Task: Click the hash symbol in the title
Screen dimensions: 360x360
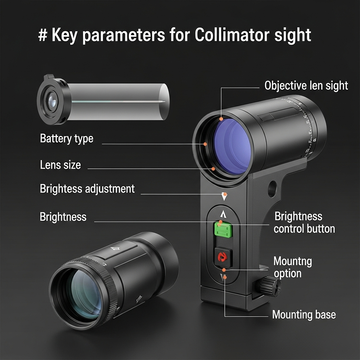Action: pos(43,36)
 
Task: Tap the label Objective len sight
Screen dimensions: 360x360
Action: pos(306,85)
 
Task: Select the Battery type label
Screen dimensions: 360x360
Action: pos(66,138)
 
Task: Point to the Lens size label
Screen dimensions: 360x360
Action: pos(60,165)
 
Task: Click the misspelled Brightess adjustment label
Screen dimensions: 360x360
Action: pos(87,188)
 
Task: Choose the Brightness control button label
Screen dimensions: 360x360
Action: pos(304,222)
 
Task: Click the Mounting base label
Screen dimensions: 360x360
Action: pos(304,314)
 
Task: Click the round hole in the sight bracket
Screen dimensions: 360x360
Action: pos(272,189)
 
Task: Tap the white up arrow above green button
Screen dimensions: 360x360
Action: pos(223,214)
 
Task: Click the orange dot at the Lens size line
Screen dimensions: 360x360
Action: pos(213,169)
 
